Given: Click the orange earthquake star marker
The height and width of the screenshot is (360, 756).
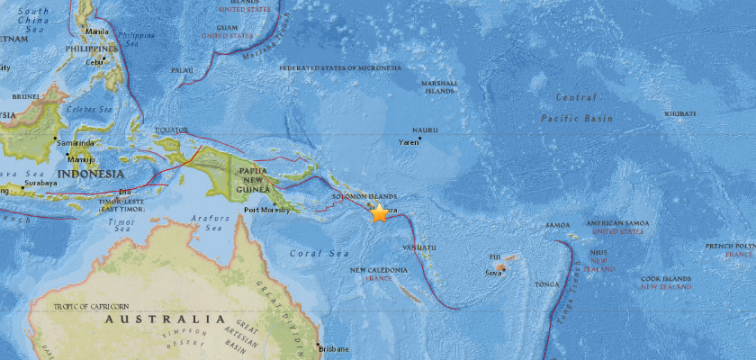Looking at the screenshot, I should [x=379, y=213].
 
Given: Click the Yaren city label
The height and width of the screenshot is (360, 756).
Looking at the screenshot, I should [x=411, y=141].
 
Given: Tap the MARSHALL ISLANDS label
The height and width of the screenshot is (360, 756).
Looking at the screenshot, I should [x=440, y=86].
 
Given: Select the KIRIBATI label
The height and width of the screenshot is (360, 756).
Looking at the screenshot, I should [x=679, y=113].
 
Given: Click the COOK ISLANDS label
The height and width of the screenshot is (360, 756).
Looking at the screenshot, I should [x=667, y=279].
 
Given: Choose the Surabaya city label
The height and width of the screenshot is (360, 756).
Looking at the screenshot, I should [x=40, y=183].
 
